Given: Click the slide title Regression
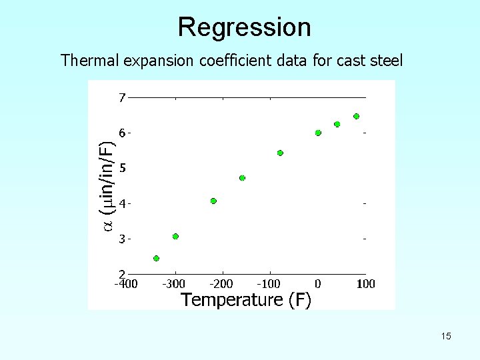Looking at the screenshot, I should pyautogui.click(x=244, y=27).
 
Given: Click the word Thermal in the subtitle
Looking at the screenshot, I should pyautogui.click(x=85, y=61).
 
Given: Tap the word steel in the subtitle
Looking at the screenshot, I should pyautogui.click(x=386, y=61).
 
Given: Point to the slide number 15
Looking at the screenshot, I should pyautogui.click(x=445, y=336).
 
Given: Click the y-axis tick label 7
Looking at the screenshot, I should pyautogui.click(x=121, y=98).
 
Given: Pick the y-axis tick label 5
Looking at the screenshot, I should pyautogui.click(x=122, y=168).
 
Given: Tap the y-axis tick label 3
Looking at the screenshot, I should pyautogui.click(x=122, y=239).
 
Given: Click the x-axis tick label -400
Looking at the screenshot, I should pyautogui.click(x=125, y=284).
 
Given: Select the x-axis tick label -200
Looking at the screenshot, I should pyautogui.click(x=222, y=284).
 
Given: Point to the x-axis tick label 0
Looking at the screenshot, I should pyautogui.click(x=318, y=284).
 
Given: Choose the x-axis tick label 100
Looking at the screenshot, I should pyautogui.click(x=365, y=284).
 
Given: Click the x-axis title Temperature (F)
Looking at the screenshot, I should pyautogui.click(x=246, y=300).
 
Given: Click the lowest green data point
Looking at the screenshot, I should pyautogui.click(x=156, y=258).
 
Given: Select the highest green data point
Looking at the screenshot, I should pyautogui.click(x=356, y=116).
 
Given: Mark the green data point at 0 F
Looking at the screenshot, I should pyautogui.click(x=318, y=133).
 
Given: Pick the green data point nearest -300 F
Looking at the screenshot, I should pyautogui.click(x=175, y=236).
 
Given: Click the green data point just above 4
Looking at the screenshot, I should pyautogui.click(x=213, y=201).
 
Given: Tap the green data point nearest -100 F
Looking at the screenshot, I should pyautogui.click(x=280, y=153).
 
